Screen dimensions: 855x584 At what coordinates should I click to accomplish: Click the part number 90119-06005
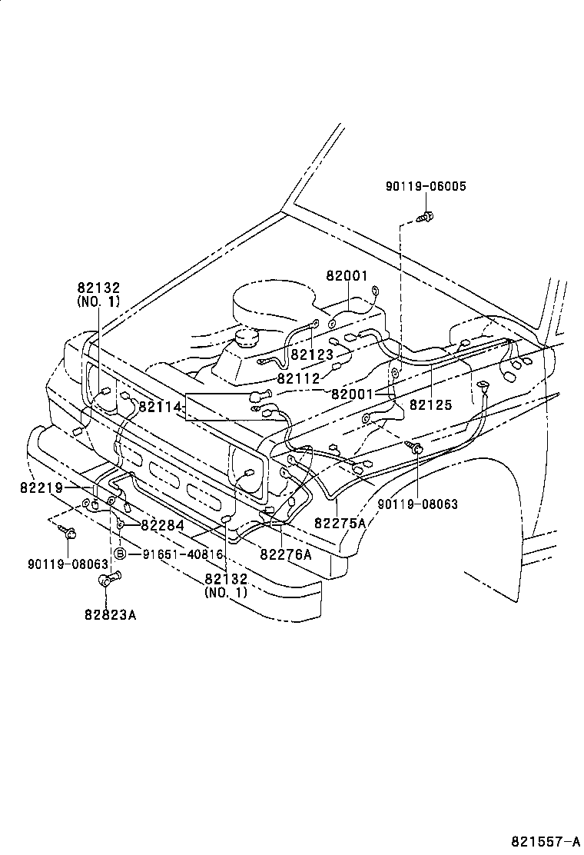pyautogui.click(x=426, y=186)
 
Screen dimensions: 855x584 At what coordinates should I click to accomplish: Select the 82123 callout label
pyautogui.click(x=312, y=355)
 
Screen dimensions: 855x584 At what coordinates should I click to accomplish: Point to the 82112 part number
pyautogui.click(x=299, y=378)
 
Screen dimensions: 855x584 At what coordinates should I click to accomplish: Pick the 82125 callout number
pyautogui.click(x=430, y=404)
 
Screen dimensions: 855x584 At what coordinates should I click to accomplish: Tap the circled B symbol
pyautogui.click(x=121, y=554)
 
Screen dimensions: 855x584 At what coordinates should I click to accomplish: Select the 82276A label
pyautogui.click(x=285, y=554)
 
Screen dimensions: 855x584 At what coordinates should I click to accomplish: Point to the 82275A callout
pyautogui.click(x=340, y=523)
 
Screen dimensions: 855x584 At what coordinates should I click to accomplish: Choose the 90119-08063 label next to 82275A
pyautogui.click(x=417, y=504)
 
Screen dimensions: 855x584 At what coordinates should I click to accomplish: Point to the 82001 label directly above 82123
pyautogui.click(x=347, y=276)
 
